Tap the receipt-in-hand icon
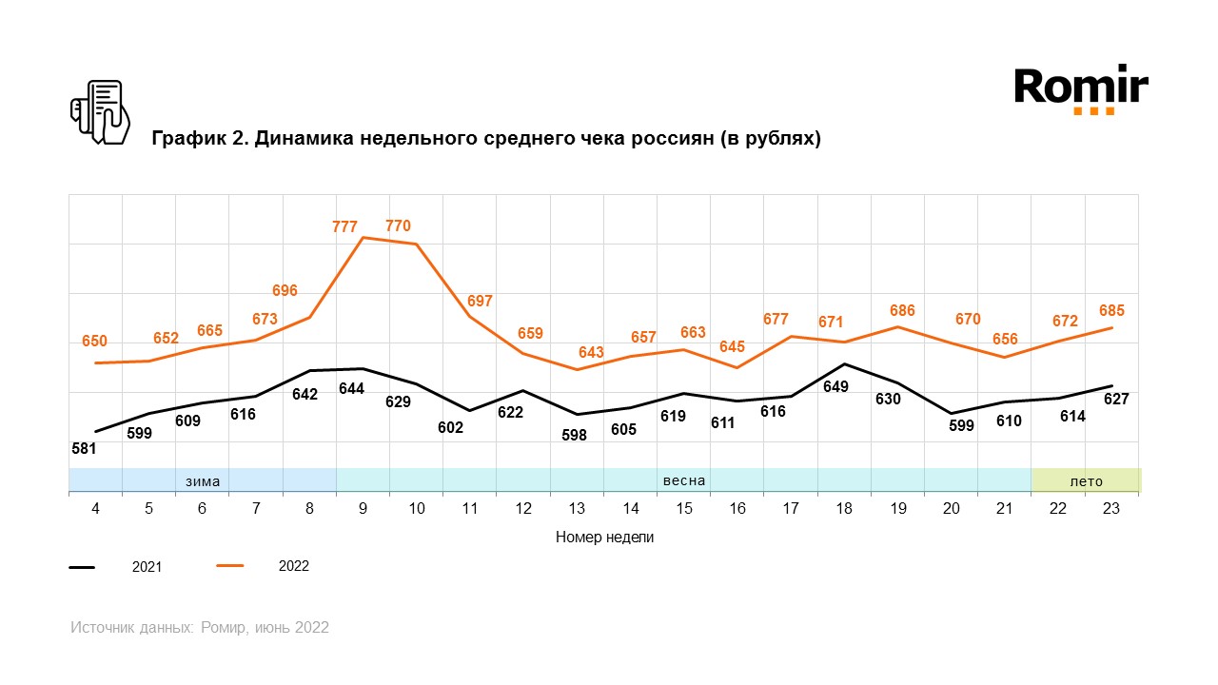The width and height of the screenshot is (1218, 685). click(100, 112)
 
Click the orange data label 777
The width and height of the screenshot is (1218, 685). click(344, 226)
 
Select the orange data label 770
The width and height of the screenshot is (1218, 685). click(398, 225)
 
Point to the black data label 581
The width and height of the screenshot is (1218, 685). click(84, 447)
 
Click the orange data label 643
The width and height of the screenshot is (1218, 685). click(591, 353)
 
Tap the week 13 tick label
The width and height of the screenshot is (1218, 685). click(577, 509)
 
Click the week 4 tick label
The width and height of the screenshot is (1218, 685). click(96, 509)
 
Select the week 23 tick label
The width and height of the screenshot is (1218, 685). click(1110, 509)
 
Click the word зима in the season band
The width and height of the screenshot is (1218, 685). click(203, 481)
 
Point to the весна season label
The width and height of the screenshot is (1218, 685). click(684, 480)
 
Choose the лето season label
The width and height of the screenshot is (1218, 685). click(1087, 481)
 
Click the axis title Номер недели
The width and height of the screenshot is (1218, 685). click(604, 538)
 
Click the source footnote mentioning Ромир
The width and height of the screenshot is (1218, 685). click(200, 628)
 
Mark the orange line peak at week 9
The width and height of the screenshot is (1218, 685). click(363, 237)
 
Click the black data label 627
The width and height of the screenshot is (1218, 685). click(1115, 400)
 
